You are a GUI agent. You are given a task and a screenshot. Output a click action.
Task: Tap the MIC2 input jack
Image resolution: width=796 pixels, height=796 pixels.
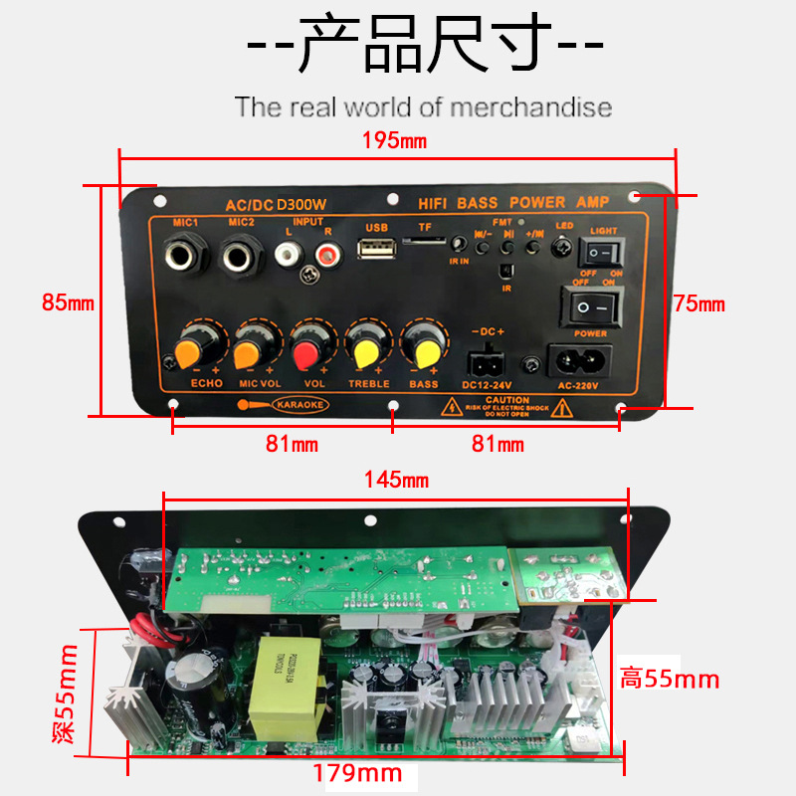coord(240,257)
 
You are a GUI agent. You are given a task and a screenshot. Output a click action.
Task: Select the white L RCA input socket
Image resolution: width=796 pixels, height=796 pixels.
coord(289,254)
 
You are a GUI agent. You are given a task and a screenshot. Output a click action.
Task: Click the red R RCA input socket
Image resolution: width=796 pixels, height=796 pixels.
coord(324,254)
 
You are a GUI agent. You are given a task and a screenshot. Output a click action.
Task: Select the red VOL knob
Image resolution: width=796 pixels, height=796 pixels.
coord(306,350)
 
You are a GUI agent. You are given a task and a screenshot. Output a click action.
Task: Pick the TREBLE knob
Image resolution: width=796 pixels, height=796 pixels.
coord(365,350)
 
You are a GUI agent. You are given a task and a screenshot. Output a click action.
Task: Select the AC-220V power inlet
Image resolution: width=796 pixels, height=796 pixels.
coord(579,359)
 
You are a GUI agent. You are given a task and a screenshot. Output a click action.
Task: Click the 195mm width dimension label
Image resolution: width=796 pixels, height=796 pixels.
coord(394,140)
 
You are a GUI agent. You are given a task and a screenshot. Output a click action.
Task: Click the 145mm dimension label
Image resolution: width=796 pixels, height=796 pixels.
coord(395,481)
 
